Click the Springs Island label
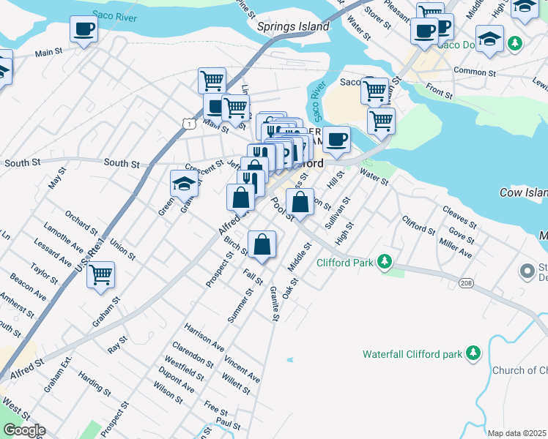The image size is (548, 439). [x=293, y=26]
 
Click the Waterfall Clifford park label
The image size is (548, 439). [x=412, y=354]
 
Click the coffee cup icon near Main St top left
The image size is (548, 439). [x=84, y=30]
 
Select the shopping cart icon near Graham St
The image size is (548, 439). [x=100, y=275]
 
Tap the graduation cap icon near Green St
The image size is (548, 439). [x=184, y=184]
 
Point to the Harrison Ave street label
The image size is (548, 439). [x=204, y=333]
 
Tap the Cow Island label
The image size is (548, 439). [x=523, y=192]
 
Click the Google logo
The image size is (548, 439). [x=23, y=430]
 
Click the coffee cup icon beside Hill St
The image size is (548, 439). [x=336, y=138]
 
